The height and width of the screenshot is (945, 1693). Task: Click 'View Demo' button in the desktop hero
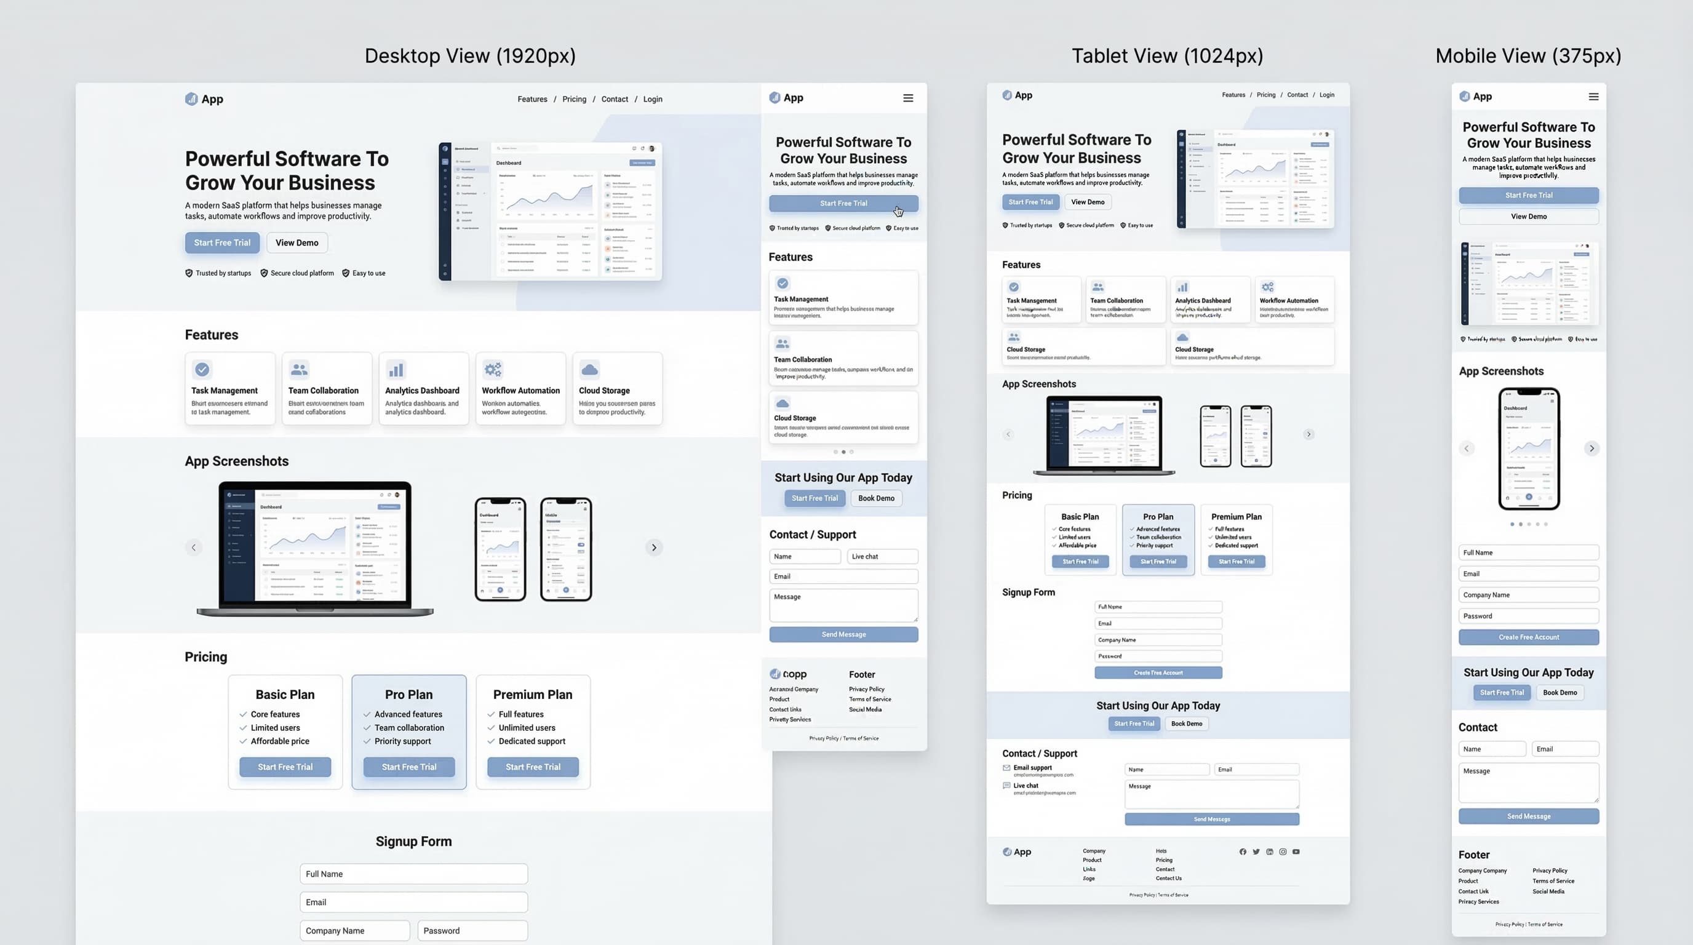pyautogui.click(x=297, y=242)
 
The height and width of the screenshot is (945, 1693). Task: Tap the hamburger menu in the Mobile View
pyautogui.click(x=1593, y=97)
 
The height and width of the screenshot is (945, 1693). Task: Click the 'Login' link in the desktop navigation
pyautogui.click(x=652, y=99)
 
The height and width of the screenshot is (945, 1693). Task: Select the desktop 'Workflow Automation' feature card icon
pyautogui.click(x=492, y=369)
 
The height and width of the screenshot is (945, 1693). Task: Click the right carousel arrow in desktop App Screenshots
pyautogui.click(x=653, y=548)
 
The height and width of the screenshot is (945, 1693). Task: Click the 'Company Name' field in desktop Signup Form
pyautogui.click(x=354, y=931)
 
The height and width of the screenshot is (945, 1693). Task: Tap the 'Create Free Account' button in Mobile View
pyautogui.click(x=1528, y=637)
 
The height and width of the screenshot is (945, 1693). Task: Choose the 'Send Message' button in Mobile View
pyautogui.click(x=1528, y=816)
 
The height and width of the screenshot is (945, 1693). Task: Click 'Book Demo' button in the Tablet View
pyautogui.click(x=1186, y=724)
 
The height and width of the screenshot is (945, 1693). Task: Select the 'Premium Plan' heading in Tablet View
pyautogui.click(x=1237, y=517)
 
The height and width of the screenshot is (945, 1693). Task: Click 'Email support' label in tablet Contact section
pyautogui.click(x=1032, y=768)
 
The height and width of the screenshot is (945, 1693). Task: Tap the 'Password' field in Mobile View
pyautogui.click(x=1528, y=616)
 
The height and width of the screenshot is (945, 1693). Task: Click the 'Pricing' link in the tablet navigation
pyautogui.click(x=1265, y=95)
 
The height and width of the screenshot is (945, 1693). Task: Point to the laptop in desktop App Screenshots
pyautogui.click(x=315, y=548)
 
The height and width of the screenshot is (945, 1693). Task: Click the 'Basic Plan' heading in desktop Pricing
pyautogui.click(x=285, y=695)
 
